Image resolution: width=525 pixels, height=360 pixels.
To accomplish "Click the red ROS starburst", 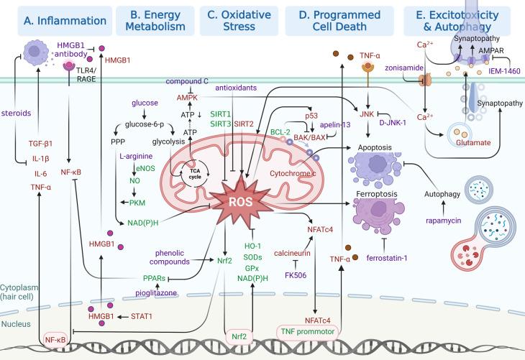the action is (x=241, y=201).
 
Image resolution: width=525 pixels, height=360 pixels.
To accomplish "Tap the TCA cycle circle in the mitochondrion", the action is (x=195, y=173).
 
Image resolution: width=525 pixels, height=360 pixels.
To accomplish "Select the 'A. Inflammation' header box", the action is (x=65, y=21).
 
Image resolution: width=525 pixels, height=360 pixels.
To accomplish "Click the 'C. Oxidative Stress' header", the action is (x=239, y=21).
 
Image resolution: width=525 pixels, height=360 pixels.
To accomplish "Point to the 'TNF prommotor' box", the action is (x=308, y=332).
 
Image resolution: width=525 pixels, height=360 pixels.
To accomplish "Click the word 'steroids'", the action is (x=16, y=113).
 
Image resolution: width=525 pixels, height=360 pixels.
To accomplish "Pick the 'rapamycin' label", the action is (x=443, y=221).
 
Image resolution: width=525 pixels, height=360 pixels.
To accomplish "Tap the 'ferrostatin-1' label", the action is (x=387, y=258).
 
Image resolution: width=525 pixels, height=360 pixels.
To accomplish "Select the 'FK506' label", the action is (x=296, y=275).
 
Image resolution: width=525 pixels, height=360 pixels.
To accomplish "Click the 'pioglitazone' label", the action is (x=156, y=293).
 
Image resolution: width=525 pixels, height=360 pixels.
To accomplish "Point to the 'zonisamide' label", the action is (x=404, y=68).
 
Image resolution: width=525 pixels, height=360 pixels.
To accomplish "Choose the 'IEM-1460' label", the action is (x=504, y=71).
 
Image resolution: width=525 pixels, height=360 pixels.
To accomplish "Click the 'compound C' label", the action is (x=187, y=81).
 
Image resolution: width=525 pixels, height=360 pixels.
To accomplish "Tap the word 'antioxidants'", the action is (x=236, y=88).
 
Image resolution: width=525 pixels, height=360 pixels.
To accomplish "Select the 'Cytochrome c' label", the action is (x=293, y=173).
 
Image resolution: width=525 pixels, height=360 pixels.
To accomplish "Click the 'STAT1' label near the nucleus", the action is (x=141, y=316).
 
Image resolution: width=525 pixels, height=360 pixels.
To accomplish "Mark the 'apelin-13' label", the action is (x=335, y=125).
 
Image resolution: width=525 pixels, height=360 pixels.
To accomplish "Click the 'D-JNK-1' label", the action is (x=393, y=122).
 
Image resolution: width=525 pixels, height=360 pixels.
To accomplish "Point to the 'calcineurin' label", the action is (x=292, y=253).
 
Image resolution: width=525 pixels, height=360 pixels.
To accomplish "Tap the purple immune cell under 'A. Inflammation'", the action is (x=35, y=52).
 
